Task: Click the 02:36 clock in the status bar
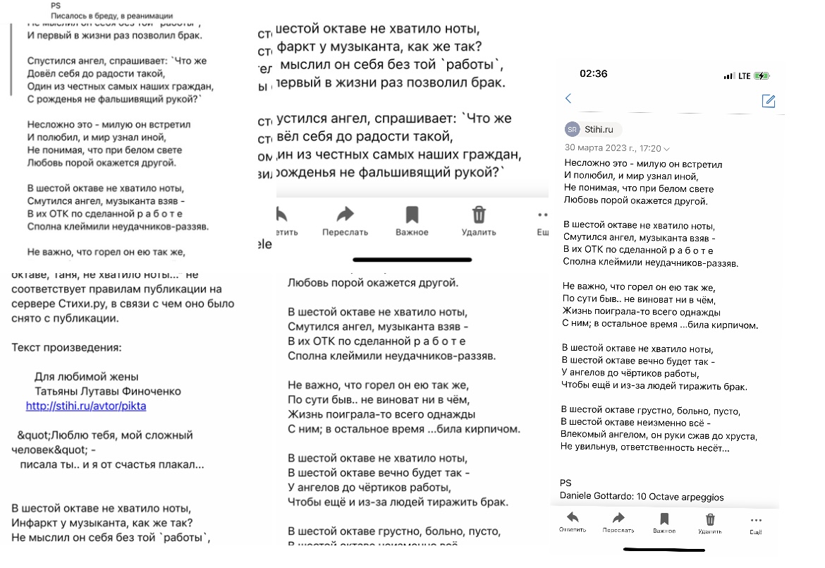(x=593, y=74)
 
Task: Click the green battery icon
(x=762, y=75)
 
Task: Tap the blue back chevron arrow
(x=568, y=99)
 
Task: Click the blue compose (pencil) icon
(x=769, y=101)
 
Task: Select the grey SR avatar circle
(x=572, y=129)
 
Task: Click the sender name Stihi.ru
(x=599, y=129)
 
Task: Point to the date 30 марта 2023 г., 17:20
(x=613, y=148)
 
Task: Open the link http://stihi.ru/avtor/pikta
(x=86, y=406)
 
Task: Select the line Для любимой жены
(x=86, y=377)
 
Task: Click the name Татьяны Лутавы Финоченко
(x=108, y=391)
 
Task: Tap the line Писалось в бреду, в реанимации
(x=112, y=16)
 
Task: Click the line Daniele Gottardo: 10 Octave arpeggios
(x=642, y=497)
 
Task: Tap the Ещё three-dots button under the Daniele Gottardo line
(x=756, y=524)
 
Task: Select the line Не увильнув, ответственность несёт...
(x=644, y=447)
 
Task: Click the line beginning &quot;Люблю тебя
(x=102, y=435)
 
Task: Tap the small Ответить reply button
(x=572, y=522)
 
